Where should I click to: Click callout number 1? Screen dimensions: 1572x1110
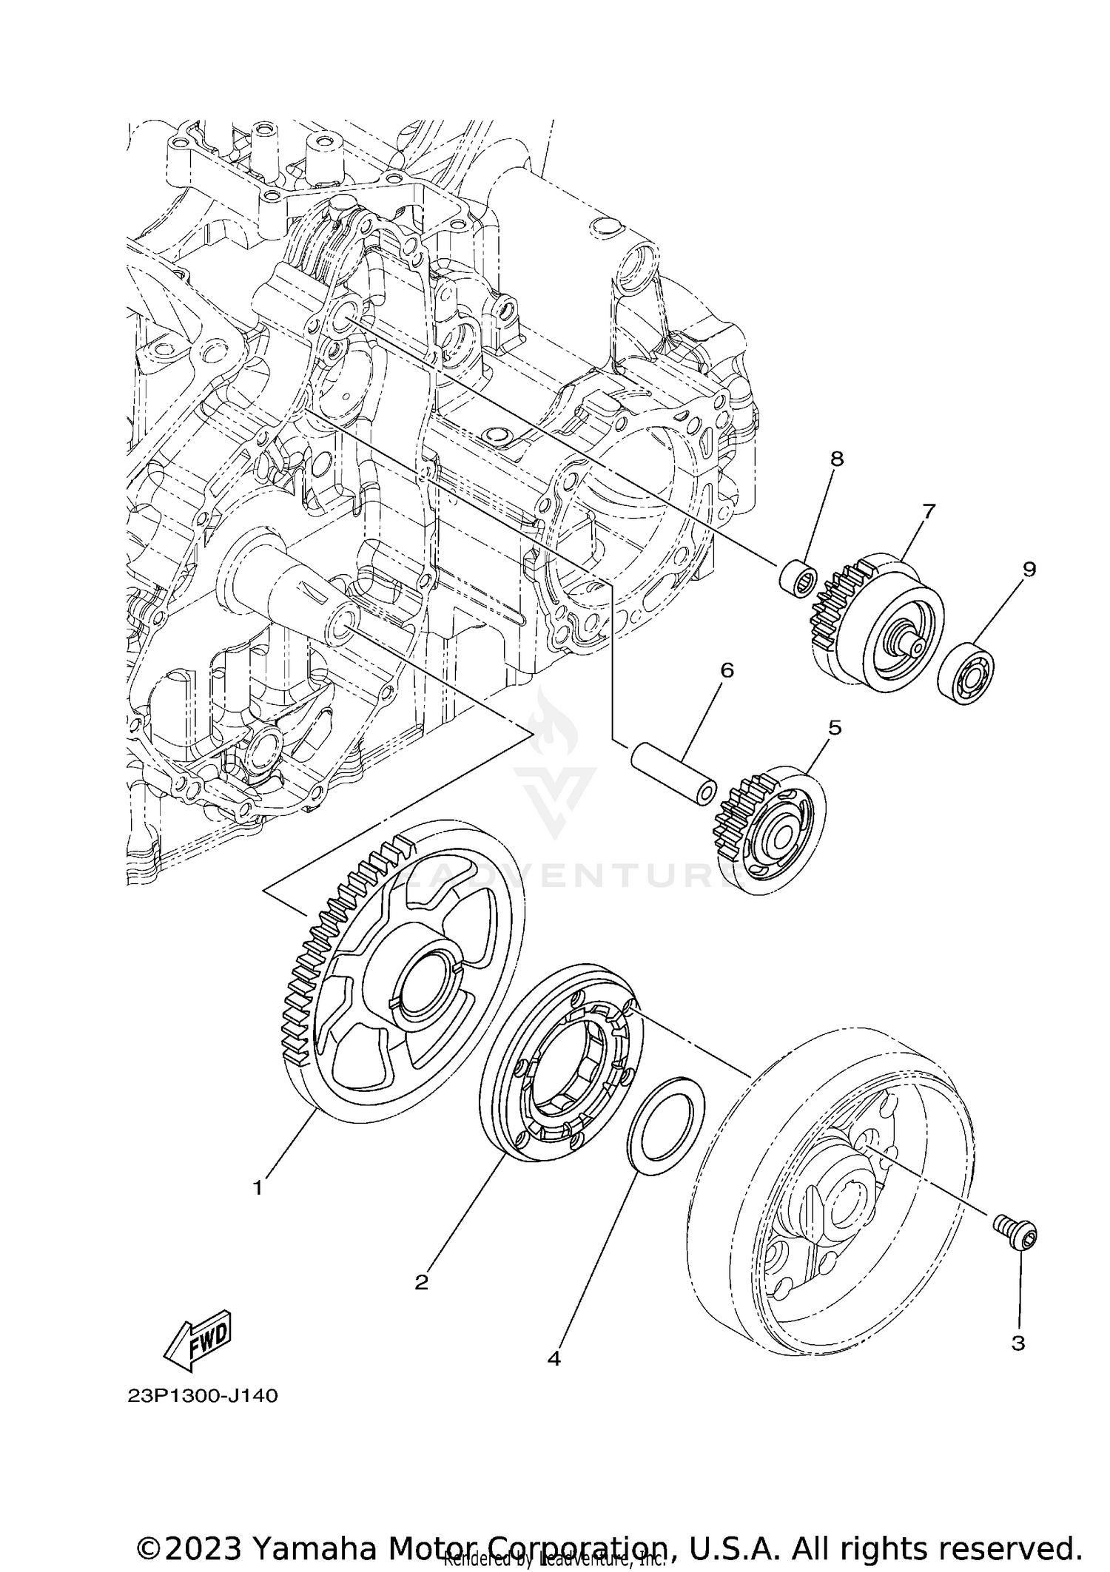258,1189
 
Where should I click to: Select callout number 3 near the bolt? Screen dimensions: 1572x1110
1018,1343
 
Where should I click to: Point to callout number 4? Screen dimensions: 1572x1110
554,1359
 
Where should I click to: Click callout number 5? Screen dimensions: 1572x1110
835,728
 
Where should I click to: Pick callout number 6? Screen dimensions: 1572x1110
727,670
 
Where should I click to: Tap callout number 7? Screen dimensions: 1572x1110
929,511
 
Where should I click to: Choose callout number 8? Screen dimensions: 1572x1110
837,459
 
